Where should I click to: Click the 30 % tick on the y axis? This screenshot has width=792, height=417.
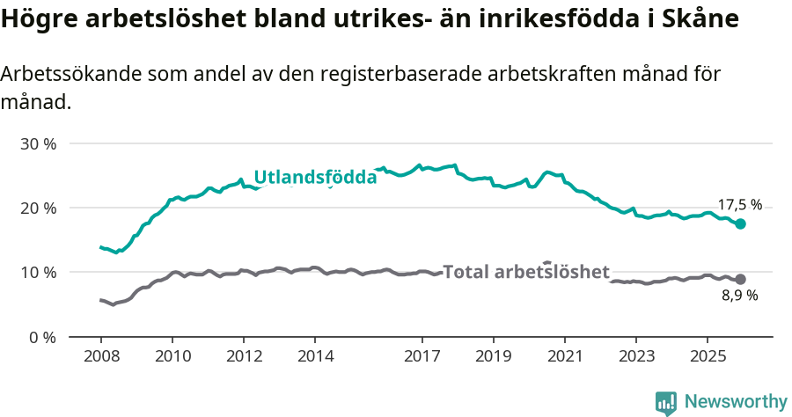(x=39, y=143)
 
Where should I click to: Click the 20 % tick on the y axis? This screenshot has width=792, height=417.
(x=39, y=208)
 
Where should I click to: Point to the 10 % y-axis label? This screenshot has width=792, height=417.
(x=39, y=273)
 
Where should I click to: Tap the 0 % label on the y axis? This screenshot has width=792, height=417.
(x=43, y=337)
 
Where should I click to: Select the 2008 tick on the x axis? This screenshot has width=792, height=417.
(x=100, y=356)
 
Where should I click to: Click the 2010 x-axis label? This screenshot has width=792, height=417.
(x=172, y=356)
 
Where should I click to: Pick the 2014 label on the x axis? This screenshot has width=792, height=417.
(x=315, y=356)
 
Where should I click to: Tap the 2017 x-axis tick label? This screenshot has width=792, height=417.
(x=422, y=356)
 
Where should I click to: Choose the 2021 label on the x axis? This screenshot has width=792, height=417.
(x=564, y=356)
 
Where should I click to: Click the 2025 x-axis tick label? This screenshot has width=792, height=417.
(x=707, y=356)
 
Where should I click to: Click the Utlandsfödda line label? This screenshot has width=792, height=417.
(x=315, y=177)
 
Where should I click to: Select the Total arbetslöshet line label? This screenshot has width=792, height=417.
(x=525, y=272)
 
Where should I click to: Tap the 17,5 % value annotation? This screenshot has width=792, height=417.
(x=739, y=205)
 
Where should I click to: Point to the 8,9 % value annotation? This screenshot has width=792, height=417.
(x=739, y=296)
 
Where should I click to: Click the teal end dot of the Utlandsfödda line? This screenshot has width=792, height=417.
(x=741, y=223)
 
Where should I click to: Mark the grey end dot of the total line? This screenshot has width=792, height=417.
(x=741, y=279)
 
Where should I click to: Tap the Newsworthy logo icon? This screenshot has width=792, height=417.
(x=665, y=402)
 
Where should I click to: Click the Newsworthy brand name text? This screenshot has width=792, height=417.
(x=736, y=402)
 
